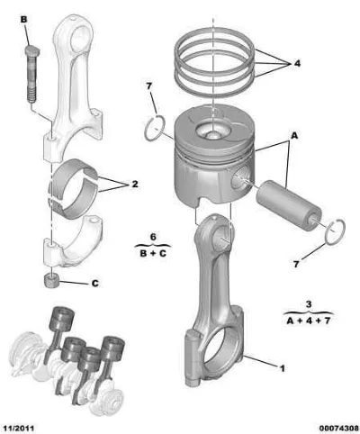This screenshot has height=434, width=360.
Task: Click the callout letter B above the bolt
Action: (23, 20)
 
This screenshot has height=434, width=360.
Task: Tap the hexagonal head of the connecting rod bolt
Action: (32, 51)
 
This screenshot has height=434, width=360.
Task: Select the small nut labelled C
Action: (51, 281)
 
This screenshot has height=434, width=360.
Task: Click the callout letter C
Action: (94, 283)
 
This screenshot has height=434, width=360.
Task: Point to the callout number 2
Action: (135, 184)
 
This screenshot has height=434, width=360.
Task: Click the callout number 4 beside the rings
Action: (297, 63)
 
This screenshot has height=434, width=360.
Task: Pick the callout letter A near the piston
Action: (294, 136)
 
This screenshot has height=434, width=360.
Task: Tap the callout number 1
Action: (282, 368)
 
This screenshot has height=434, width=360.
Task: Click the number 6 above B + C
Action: (153, 237)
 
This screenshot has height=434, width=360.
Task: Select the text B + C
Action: (153, 254)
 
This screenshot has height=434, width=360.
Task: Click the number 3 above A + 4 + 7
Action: (309, 304)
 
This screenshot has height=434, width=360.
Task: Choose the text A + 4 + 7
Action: (309, 321)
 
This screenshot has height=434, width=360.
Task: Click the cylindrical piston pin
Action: (289, 205)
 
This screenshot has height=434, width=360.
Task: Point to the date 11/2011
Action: (19, 428)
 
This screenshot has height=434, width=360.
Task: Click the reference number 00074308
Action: (338, 428)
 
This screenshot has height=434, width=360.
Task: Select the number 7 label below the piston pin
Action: (296, 264)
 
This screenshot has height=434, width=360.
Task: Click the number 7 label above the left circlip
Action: (149, 86)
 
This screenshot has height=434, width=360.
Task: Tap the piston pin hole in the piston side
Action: (241, 179)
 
